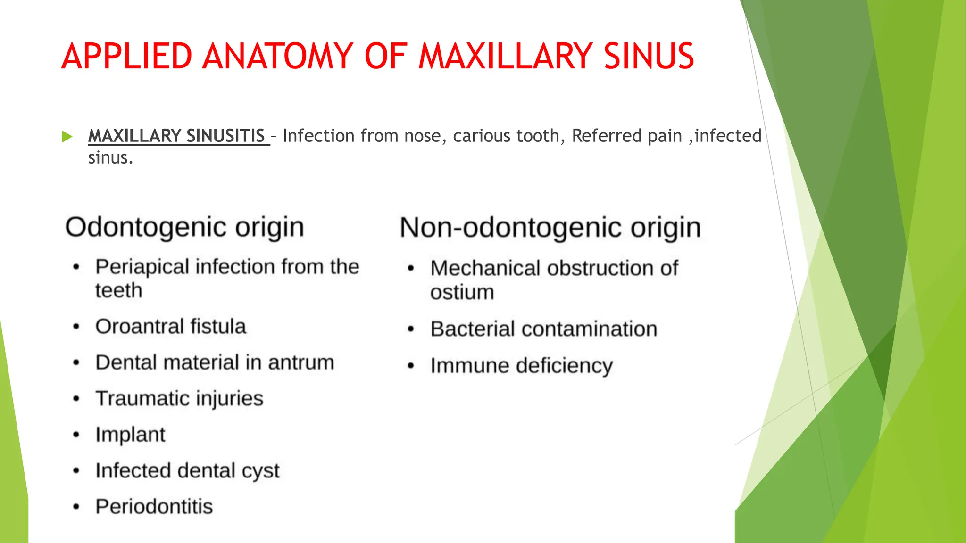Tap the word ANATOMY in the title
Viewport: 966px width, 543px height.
pyautogui.click(x=278, y=56)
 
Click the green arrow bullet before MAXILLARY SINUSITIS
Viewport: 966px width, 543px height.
pyautogui.click(x=67, y=137)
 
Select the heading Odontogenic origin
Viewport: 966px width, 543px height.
pyautogui.click(x=184, y=227)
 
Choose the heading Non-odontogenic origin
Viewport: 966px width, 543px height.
pyautogui.click(x=550, y=228)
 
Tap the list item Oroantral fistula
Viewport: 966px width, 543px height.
pyautogui.click(x=171, y=327)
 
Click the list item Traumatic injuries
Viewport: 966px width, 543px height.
pyautogui.click(x=179, y=398)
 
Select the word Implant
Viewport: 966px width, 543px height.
pyautogui.click(x=130, y=435)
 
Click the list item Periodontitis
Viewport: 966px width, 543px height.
pyautogui.click(x=154, y=507)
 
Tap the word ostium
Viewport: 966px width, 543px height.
pyautogui.click(x=462, y=292)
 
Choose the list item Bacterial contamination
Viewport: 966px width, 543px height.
pyautogui.click(x=543, y=329)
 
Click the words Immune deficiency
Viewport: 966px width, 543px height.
pyautogui.click(x=521, y=366)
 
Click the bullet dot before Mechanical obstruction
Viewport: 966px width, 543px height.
pyautogui.click(x=411, y=269)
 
